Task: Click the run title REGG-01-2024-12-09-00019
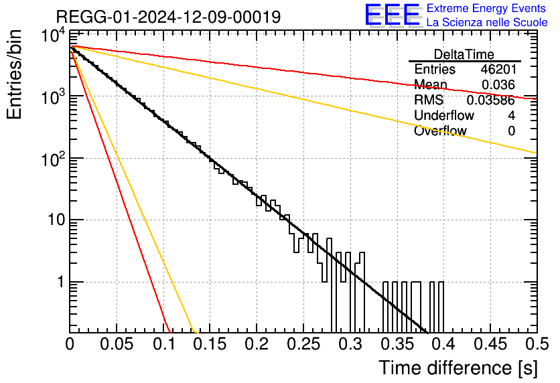coord(168,17)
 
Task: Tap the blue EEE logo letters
coord(392,15)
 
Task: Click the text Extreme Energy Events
coord(486,8)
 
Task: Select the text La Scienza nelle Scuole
coord(487,22)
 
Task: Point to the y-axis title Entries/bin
coord(14,74)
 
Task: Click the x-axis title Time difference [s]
coord(458,368)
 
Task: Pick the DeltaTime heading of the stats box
coord(464,54)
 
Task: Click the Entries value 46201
coord(498,69)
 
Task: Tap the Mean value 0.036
coord(498,84)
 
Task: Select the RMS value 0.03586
coord(491,100)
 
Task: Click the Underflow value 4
coord(511,115)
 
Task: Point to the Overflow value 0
coord(511,131)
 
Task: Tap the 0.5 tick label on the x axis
coord(537,344)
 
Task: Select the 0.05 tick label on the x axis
coord(117,344)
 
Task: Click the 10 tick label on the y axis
coord(57,220)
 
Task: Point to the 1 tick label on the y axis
coord(61,282)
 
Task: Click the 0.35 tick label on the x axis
coord(397,344)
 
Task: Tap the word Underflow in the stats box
coord(444,115)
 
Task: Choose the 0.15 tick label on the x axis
coord(210,344)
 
